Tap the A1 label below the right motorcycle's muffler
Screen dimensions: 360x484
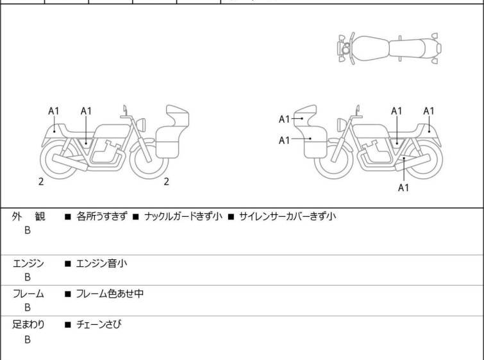tap(403, 187)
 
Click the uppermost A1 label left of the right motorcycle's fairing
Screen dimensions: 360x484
tap(285, 119)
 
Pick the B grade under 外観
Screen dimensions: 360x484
tap(27, 229)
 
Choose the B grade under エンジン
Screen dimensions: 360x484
tap(27, 277)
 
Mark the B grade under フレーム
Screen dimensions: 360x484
tap(27, 307)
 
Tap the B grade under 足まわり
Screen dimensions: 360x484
tap(27, 339)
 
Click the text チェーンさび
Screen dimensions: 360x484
tap(99, 325)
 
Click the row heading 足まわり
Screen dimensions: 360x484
tap(29, 325)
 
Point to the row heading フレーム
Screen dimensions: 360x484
tap(29, 294)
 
